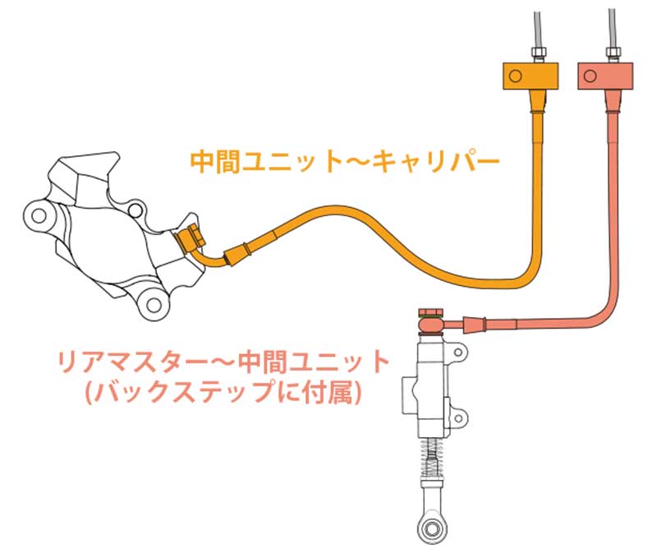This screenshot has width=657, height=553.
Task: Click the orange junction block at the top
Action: (530, 77)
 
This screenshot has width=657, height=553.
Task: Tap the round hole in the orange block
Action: (515, 78)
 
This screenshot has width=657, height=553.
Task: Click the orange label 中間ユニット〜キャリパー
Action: (345, 159)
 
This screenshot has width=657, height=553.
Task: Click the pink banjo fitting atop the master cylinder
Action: (430, 323)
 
